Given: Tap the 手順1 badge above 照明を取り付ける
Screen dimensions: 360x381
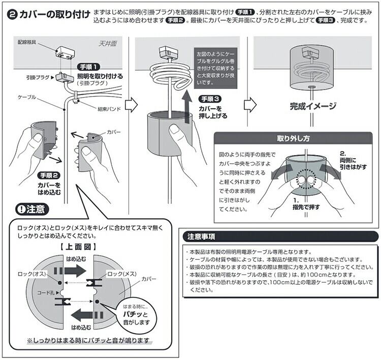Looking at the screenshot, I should [88, 67].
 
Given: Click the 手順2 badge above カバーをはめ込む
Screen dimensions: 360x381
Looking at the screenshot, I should [50, 175].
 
